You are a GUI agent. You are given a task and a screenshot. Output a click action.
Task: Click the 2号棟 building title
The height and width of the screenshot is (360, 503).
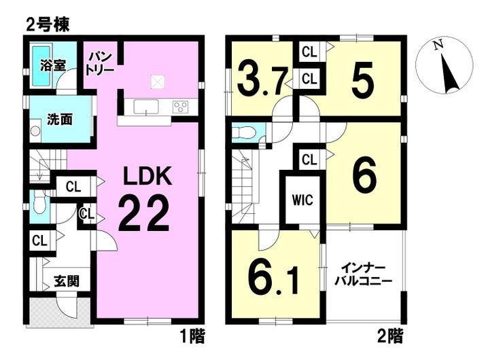pos(48,25)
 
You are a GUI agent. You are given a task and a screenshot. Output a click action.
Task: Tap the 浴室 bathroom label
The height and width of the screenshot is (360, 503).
pos(53,65)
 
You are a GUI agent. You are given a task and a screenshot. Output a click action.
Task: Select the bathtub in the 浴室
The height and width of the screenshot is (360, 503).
pos(41,66)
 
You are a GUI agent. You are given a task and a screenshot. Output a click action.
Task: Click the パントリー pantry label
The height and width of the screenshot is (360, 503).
pos(100,63)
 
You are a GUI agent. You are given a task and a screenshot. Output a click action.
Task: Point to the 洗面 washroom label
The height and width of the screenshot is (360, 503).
pos(60,120)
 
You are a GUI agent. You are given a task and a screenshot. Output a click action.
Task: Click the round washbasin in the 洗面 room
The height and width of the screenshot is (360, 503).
pos(35,131)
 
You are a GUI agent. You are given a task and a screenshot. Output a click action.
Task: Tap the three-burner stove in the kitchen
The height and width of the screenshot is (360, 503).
pos(180,107)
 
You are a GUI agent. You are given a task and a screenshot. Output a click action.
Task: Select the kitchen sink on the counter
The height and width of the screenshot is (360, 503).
pos(146,107)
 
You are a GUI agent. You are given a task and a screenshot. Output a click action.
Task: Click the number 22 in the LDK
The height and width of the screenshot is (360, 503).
pos(143,213)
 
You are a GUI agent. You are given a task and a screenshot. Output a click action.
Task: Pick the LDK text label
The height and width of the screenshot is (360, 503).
pos(148,176)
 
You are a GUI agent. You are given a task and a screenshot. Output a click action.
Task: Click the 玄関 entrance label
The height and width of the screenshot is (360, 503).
pos(67,281)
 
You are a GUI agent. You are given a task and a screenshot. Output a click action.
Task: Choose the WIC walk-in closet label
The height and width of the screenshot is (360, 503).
pos(302,200)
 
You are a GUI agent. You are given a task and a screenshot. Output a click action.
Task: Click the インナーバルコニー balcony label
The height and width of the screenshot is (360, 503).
pos(363,274)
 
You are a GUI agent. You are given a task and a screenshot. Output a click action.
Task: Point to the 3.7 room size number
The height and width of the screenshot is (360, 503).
pos(261,80)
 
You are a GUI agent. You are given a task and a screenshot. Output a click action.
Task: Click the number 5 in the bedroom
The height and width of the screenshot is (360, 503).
pos(363,80)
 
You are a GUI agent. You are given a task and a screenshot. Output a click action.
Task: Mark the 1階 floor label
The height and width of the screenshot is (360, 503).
pos(192,337)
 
